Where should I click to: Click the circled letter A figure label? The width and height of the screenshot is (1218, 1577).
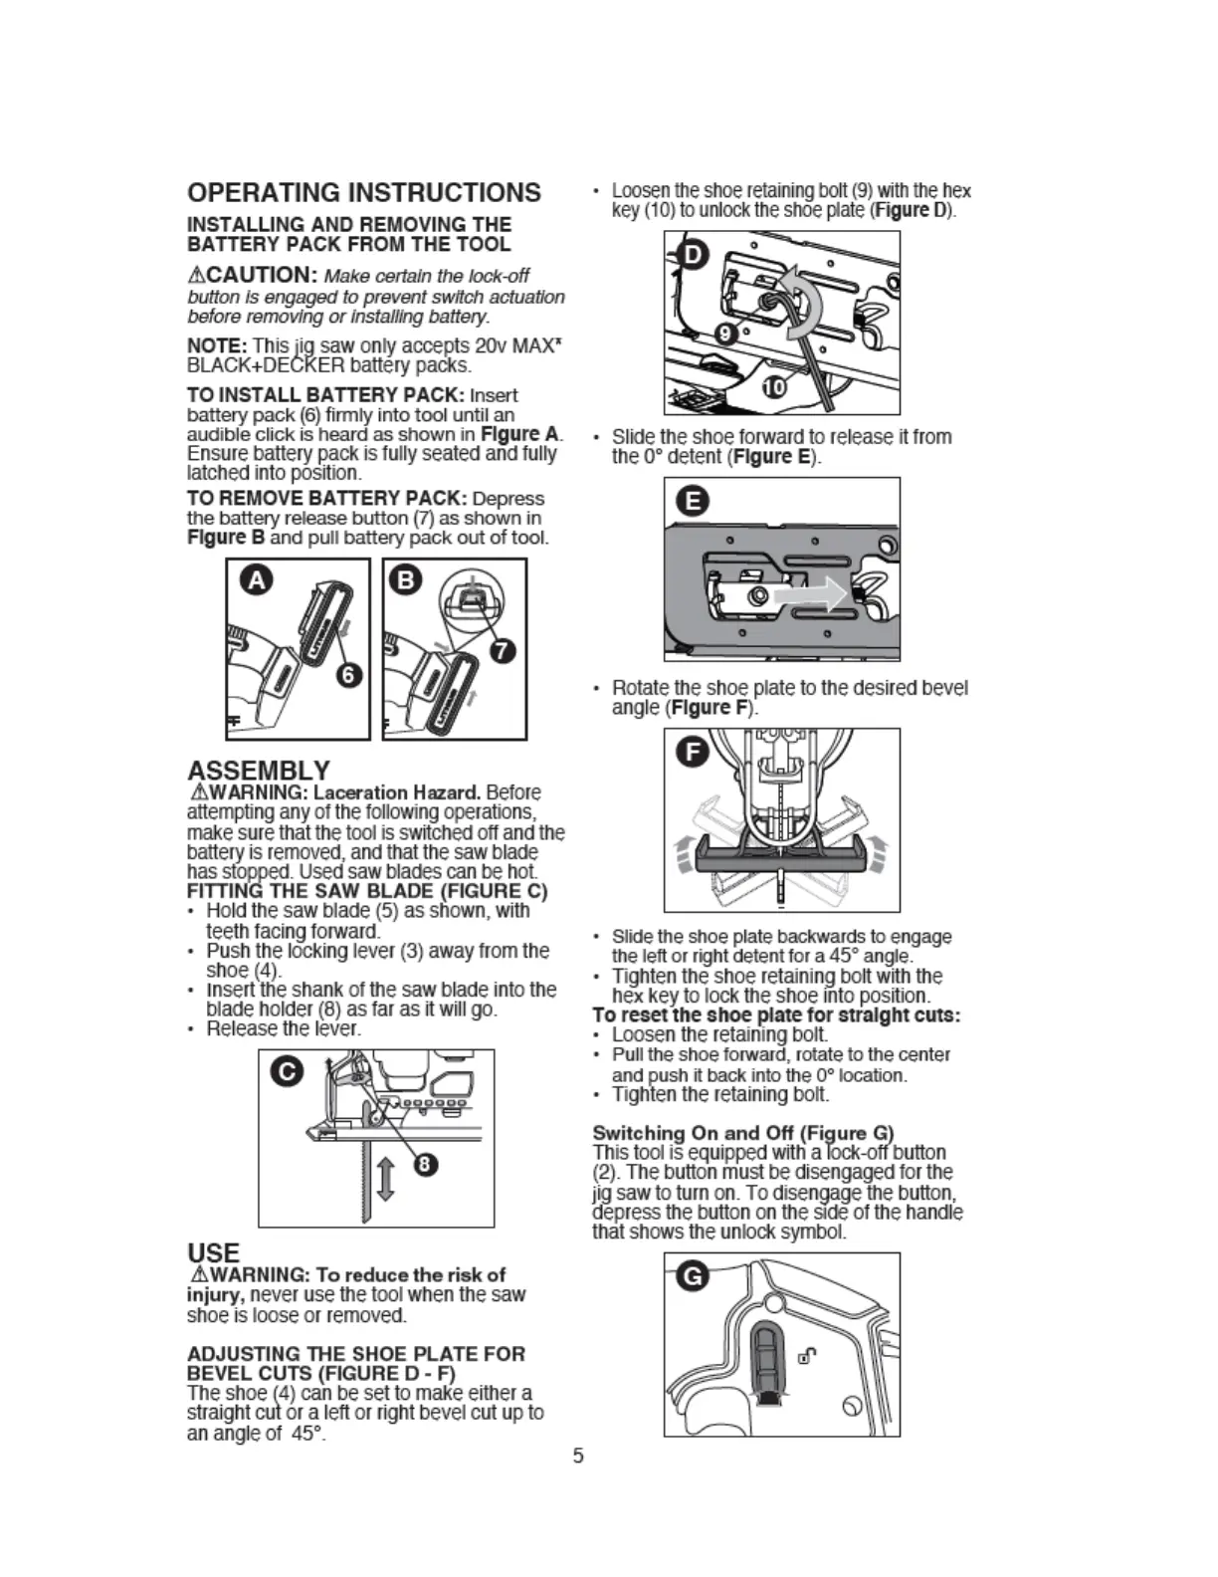(257, 580)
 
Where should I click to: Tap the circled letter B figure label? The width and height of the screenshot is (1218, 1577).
(409, 580)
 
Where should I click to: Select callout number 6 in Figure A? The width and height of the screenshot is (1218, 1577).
(347, 675)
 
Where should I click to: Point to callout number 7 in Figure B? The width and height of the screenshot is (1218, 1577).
(504, 651)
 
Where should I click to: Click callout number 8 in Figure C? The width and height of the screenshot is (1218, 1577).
(425, 1165)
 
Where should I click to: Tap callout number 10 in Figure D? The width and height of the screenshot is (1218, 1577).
(773, 387)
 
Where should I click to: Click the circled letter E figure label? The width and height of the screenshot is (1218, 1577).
(694, 501)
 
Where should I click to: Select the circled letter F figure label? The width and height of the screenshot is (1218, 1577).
(693, 752)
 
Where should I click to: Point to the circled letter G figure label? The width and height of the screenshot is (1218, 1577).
(693, 1275)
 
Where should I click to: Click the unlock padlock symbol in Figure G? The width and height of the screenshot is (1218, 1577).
(808, 1354)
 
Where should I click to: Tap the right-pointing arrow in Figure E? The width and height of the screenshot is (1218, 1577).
(810, 595)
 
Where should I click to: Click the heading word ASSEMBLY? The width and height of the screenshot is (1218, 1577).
(258, 771)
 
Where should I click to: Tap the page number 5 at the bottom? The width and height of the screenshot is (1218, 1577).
(578, 1456)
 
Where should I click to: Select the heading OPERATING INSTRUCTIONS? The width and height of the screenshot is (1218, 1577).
(364, 192)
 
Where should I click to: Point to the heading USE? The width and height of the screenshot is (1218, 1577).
(213, 1252)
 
